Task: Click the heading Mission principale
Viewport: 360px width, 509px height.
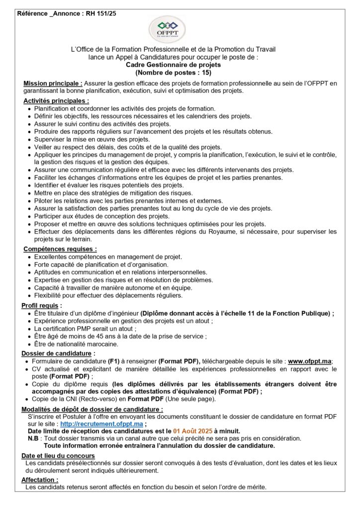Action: [53, 83]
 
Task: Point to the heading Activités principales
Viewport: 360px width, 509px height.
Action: [60, 100]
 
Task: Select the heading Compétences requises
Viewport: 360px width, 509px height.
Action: [60, 249]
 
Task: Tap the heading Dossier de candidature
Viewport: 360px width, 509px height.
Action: [58, 353]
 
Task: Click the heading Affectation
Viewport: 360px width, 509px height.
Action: [39, 480]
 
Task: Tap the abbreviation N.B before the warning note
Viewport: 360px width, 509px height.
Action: [33, 438]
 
